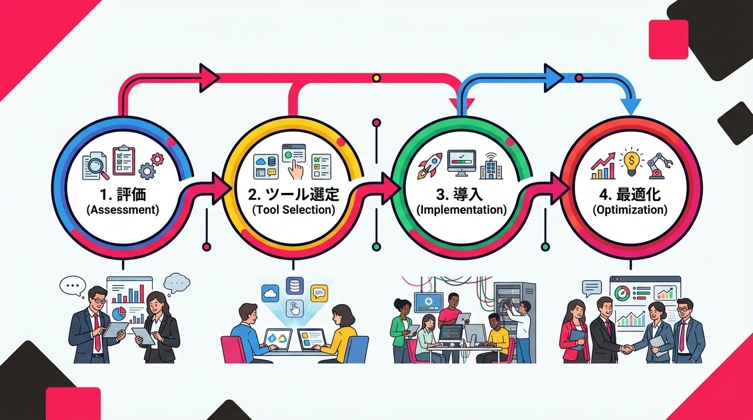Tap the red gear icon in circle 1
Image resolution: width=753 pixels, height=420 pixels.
click(158, 159)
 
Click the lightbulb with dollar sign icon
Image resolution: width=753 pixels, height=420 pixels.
click(632, 160)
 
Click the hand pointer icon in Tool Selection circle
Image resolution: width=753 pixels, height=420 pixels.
click(296, 170)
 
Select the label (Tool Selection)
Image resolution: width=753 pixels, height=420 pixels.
click(293, 209)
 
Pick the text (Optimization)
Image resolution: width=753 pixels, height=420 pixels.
click(630, 209)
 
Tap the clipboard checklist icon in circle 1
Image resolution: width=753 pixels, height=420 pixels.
click(124, 160)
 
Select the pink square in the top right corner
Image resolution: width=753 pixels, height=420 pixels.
click(668, 39)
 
